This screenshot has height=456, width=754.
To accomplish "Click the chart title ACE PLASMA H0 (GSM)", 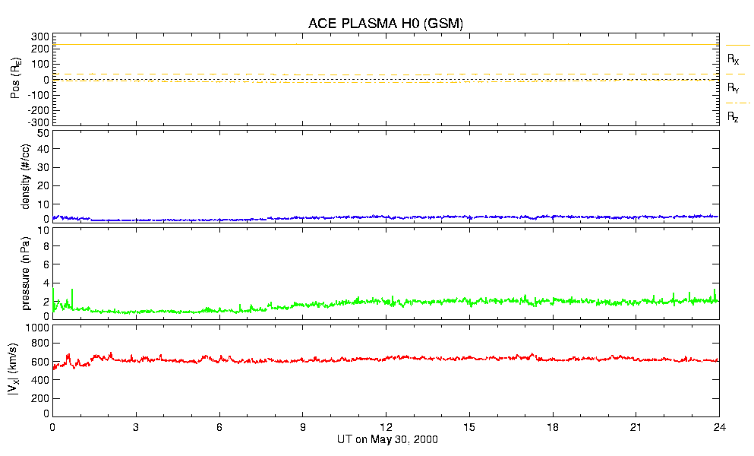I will pyautogui.click(x=385, y=24).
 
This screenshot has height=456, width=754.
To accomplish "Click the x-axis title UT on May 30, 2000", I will pyautogui.click(x=386, y=440).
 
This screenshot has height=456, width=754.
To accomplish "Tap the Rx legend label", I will pyautogui.click(x=733, y=59).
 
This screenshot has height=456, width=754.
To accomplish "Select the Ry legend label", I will pyautogui.click(x=733, y=87).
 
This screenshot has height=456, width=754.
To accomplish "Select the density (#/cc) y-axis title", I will pyautogui.click(x=16, y=176).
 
